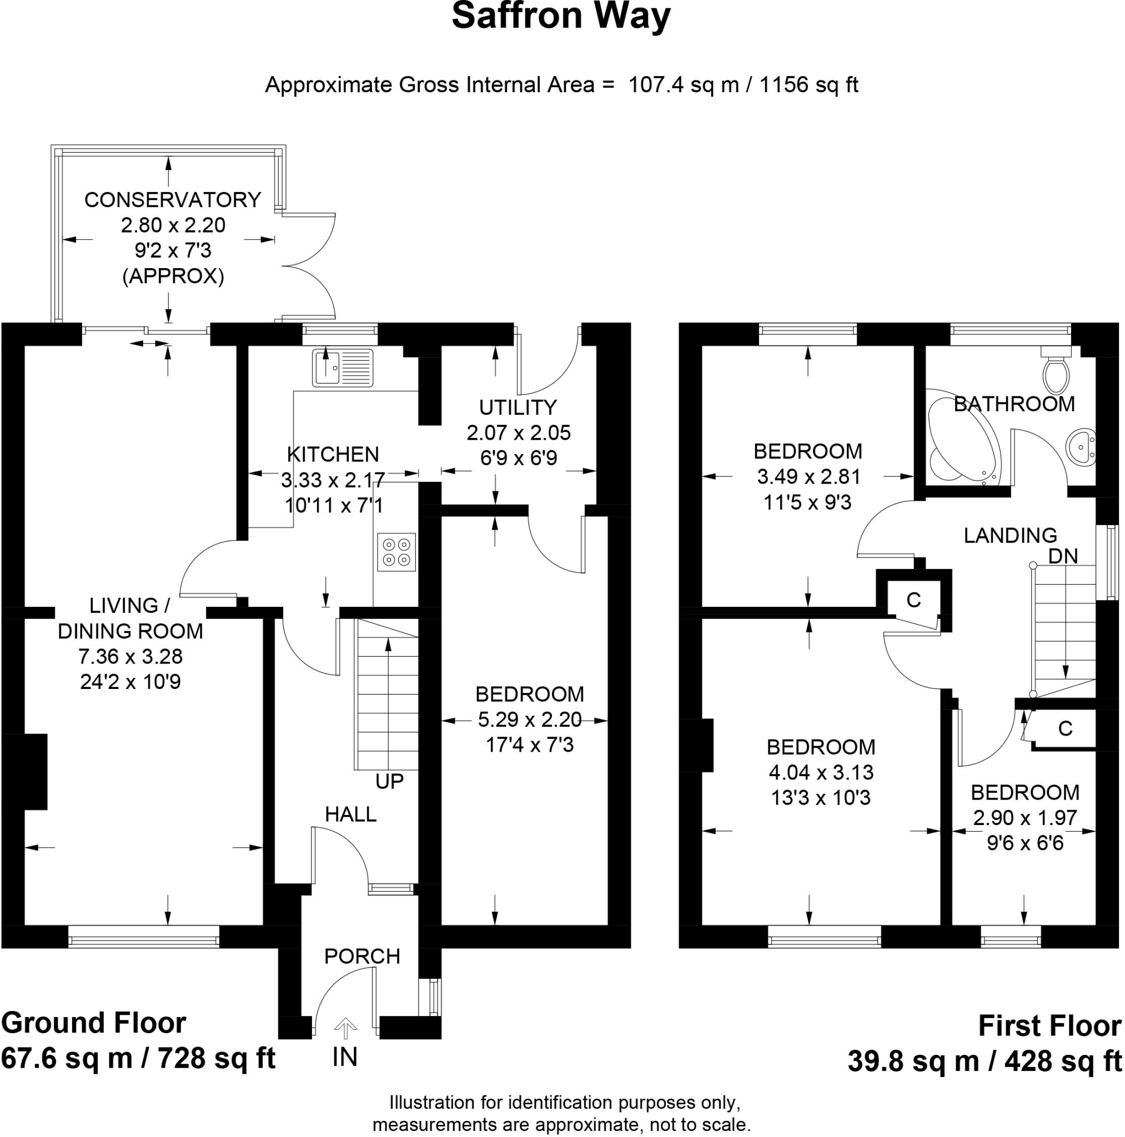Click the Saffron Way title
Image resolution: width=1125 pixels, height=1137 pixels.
560,16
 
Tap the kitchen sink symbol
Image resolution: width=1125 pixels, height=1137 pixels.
342,368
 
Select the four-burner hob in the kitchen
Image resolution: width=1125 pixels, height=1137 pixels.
396,551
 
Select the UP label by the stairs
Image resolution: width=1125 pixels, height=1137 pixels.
389,782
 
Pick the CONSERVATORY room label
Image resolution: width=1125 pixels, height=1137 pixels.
173,200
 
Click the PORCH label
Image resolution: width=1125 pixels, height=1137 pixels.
362,957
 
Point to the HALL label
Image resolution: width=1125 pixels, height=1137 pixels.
351,814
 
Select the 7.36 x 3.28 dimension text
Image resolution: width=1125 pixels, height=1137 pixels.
130,656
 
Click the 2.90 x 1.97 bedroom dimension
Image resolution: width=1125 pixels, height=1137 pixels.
1025,818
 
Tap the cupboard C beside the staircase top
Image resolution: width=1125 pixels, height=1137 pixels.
913,600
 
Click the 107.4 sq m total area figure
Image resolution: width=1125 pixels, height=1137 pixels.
684,85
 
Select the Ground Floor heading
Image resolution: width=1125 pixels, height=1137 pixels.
94,1023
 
